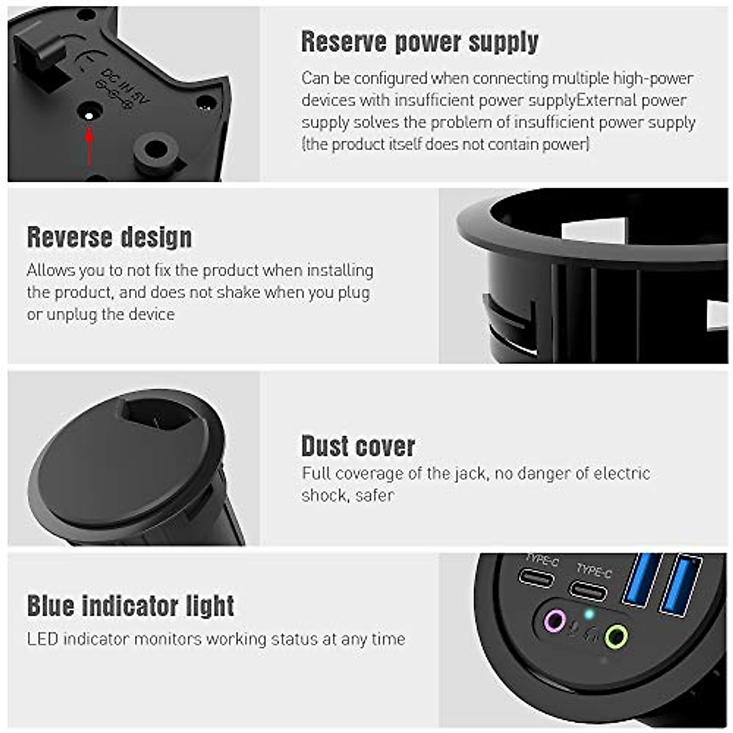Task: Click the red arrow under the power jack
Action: pos(90,146)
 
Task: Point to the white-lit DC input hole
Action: pos(89,114)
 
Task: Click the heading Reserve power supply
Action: pos(420,42)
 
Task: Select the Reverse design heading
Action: pos(109,237)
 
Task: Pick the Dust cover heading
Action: pos(358,446)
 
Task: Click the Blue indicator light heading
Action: pos(131,606)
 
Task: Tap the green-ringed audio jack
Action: pos(616,637)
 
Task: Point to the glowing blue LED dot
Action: pos(588,614)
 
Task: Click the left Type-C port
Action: pos(536,577)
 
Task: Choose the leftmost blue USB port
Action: pos(641,580)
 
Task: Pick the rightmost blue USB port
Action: pos(680,585)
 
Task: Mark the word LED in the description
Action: pos(42,639)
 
